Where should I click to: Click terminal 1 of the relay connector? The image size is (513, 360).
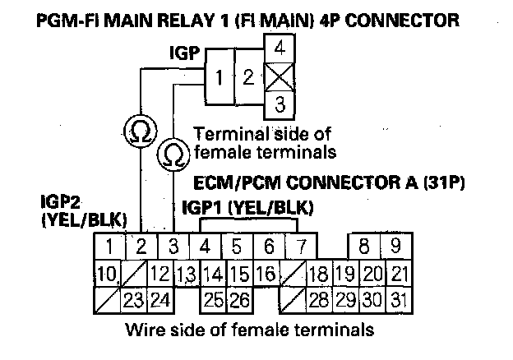pyautogui.click(x=220, y=79)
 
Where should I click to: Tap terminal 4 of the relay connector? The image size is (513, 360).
pyautogui.click(x=280, y=48)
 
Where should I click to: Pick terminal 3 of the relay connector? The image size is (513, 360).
pyautogui.click(x=280, y=105)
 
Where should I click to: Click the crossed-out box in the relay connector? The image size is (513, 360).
pyautogui.click(x=280, y=77)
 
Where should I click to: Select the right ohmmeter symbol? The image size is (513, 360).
pyautogui.click(x=174, y=154)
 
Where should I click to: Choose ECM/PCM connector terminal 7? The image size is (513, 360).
pyautogui.click(x=301, y=245)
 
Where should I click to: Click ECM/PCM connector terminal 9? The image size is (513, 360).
pyautogui.click(x=395, y=245)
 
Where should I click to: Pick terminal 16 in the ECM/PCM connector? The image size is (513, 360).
pyautogui.click(x=264, y=273)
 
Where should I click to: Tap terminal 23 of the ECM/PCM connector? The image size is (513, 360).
pyautogui.click(x=133, y=299)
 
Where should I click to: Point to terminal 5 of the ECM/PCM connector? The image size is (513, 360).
pyautogui.click(x=237, y=245)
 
